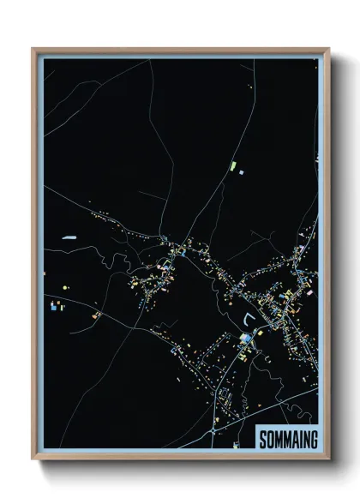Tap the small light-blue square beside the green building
(x=241, y=172)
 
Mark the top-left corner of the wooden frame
(x=33, y=49)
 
